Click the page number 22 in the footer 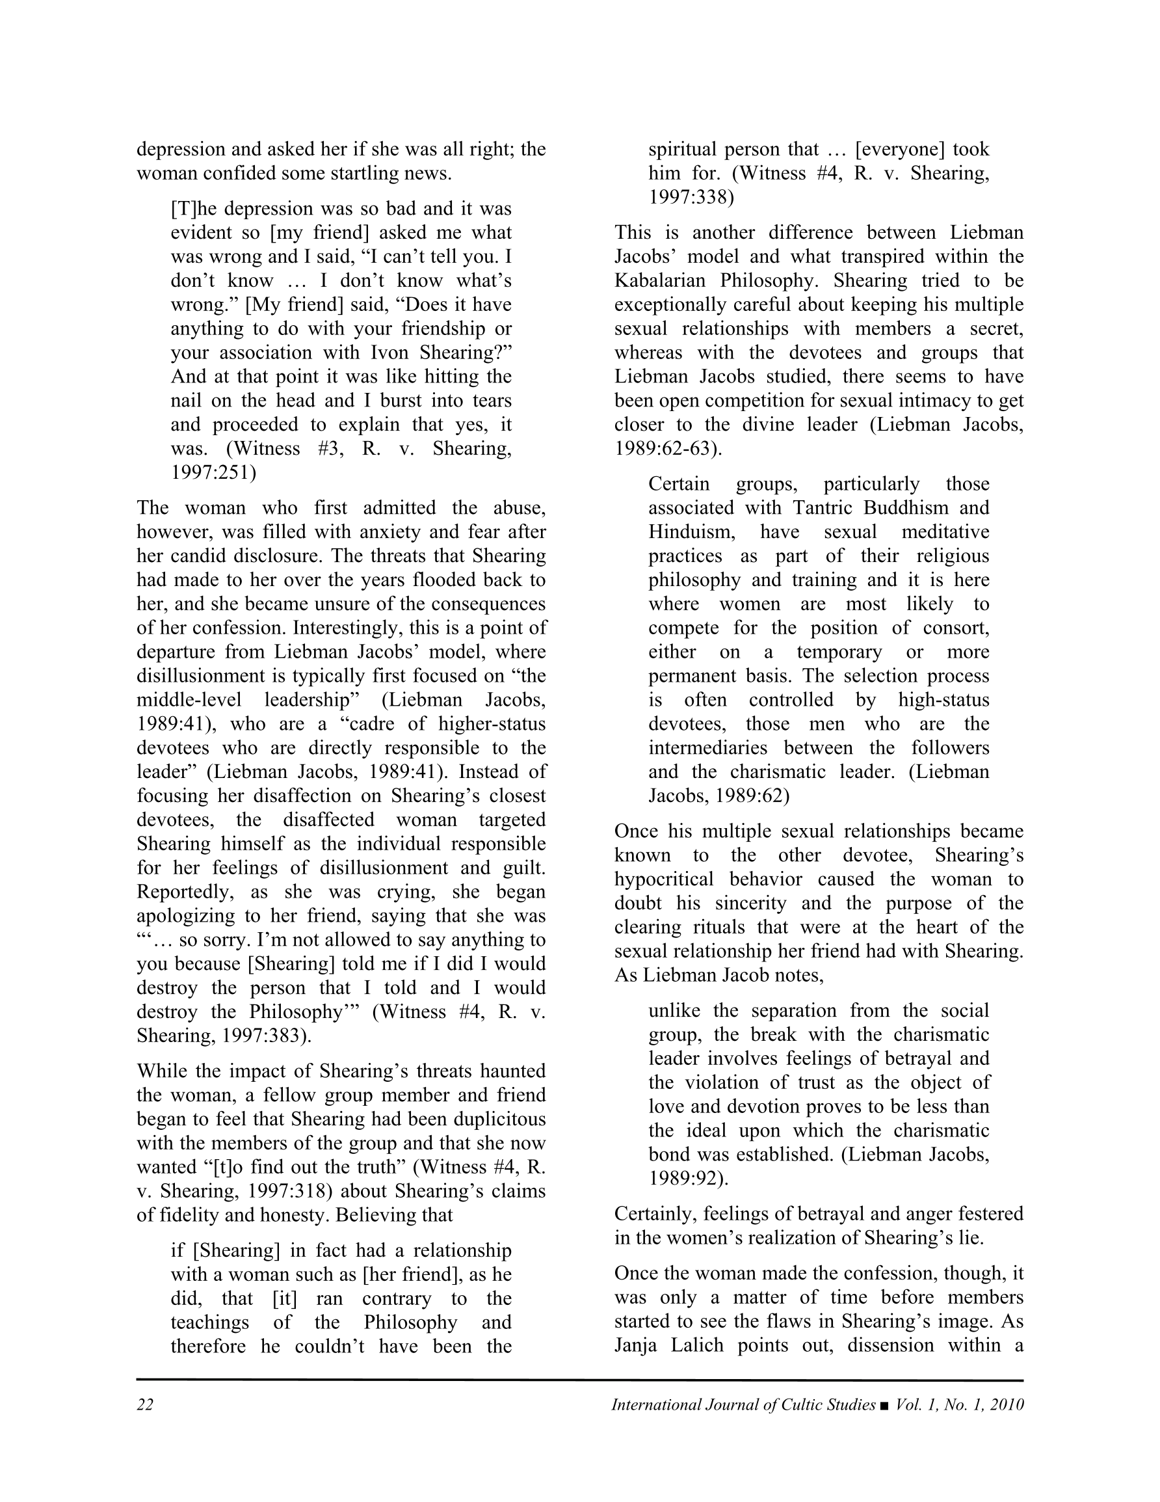coord(145,1404)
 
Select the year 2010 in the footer coord(1007,1404)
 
